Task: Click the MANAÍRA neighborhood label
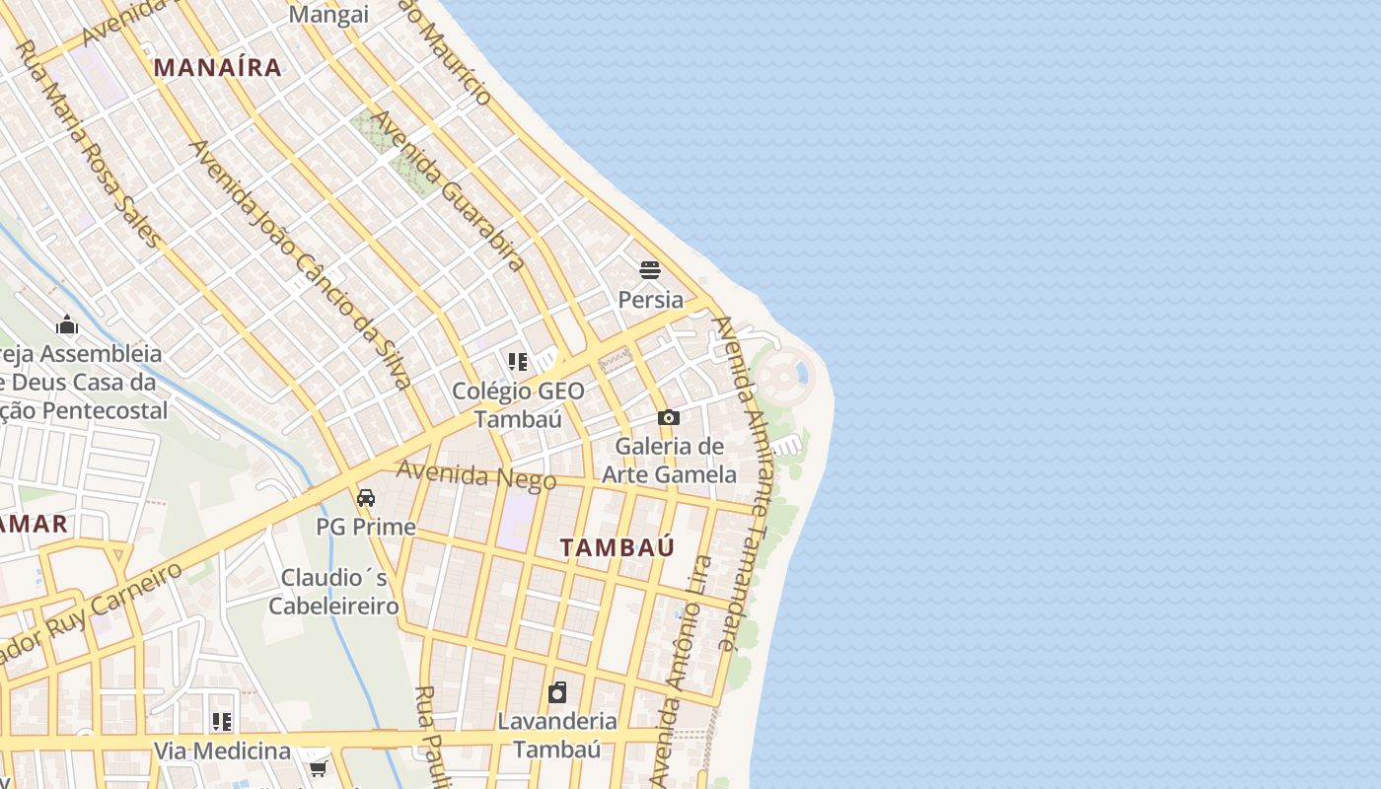point(218,67)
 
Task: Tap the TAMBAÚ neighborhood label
point(618,547)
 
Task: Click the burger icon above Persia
point(649,270)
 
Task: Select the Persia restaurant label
point(650,299)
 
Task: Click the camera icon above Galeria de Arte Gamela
point(669,418)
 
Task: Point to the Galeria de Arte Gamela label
point(669,460)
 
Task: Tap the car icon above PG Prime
point(366,498)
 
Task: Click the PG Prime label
point(366,527)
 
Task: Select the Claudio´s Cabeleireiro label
point(333,591)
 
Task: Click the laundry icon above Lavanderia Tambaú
point(557,692)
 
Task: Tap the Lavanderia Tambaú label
point(557,735)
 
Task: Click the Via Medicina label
point(222,751)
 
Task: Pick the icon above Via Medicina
point(222,722)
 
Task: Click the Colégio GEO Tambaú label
point(518,404)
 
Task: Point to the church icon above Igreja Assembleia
point(67,324)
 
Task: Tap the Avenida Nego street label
point(476,475)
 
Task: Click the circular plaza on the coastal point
point(782,375)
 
